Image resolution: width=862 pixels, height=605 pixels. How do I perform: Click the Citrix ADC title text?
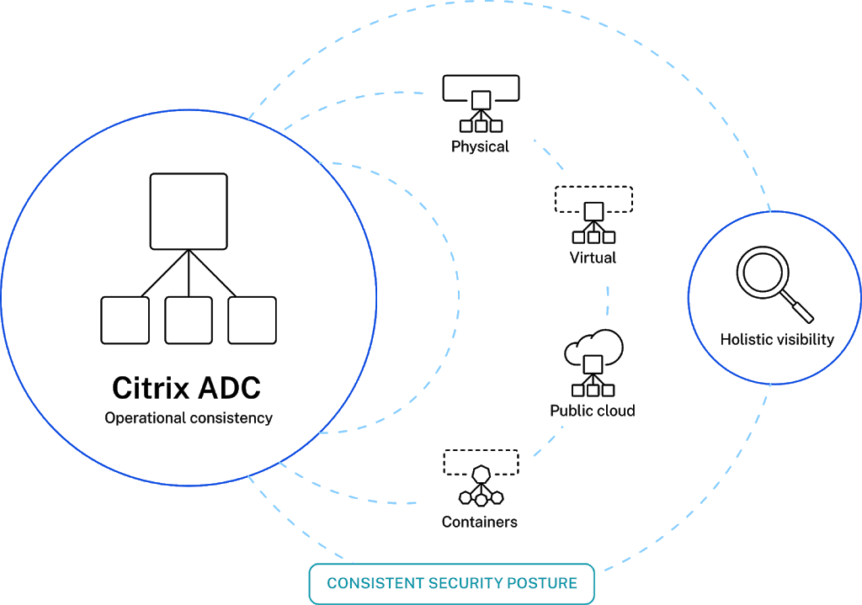186,388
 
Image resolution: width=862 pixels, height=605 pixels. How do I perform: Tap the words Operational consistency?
189,418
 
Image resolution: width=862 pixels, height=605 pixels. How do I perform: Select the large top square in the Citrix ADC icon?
189,211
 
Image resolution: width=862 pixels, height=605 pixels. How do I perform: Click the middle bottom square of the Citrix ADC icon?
189,320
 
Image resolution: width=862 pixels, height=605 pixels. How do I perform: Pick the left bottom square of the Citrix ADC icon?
125,320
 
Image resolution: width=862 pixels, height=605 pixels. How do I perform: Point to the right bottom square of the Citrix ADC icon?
253,320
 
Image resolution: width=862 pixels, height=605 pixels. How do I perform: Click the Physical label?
480,146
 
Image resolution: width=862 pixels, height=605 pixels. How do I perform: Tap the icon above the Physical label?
481,103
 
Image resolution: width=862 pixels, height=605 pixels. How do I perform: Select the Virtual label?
593,257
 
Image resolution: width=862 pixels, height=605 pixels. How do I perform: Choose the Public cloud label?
592,411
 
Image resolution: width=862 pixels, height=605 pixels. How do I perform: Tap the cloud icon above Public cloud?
593,363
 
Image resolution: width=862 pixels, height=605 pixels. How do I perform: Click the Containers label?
480,522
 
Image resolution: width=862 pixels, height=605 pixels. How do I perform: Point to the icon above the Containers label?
481,477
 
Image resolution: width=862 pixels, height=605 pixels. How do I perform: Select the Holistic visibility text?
777,339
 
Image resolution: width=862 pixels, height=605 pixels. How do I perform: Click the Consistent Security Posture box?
452,583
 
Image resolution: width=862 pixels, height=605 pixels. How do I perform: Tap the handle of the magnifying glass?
801,308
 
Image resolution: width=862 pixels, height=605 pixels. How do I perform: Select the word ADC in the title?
229,388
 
